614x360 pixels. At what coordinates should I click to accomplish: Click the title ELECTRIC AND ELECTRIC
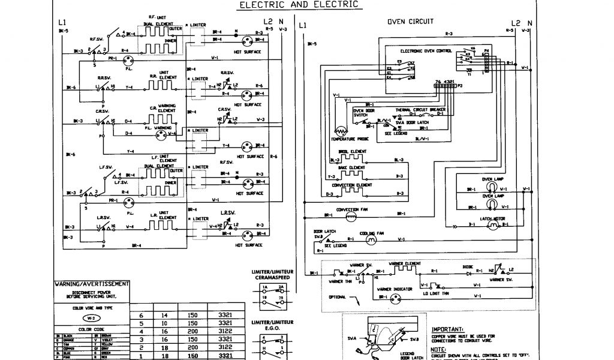click(x=300, y=5)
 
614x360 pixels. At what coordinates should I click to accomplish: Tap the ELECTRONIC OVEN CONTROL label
click(x=428, y=52)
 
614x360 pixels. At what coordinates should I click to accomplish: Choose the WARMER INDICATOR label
click(x=395, y=289)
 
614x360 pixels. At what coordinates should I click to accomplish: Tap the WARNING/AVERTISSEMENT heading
click(x=91, y=284)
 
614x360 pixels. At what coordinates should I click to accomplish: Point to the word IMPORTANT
click(x=446, y=329)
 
